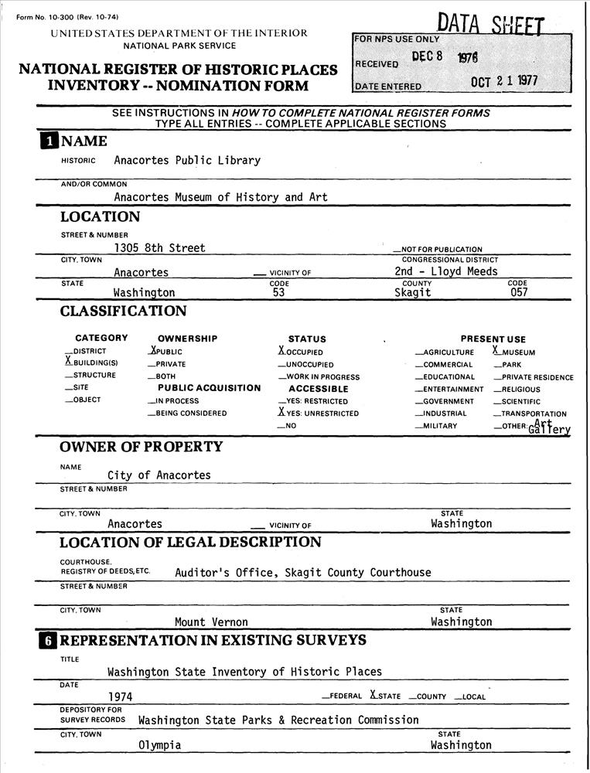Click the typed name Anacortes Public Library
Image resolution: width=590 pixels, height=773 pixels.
[186, 161]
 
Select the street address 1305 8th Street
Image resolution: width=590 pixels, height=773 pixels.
[159, 248]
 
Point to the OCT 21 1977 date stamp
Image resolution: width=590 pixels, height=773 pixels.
[504, 81]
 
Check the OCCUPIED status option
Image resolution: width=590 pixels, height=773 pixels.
[282, 351]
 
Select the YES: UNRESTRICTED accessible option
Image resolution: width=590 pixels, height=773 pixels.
[282, 413]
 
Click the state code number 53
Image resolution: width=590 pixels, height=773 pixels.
[279, 293]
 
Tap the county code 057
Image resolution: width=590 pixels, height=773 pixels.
[519, 293]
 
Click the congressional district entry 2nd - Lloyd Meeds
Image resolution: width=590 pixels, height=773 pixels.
[445, 271]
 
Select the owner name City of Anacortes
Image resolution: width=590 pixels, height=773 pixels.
[159, 475]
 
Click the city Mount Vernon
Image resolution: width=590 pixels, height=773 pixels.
[211, 622]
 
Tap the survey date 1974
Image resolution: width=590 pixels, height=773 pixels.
[120, 696]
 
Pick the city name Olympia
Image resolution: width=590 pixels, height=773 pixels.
[159, 746]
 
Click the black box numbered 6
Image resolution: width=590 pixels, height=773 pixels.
[49, 641]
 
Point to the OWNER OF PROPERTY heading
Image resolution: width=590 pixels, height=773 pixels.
[141, 447]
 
